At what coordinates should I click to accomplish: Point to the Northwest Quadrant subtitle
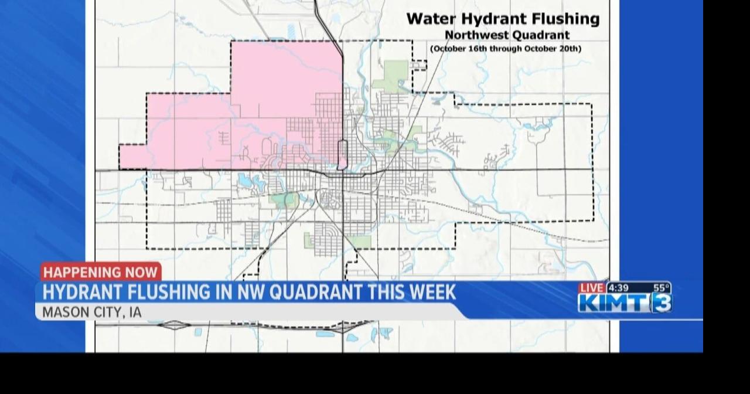click(x=507, y=35)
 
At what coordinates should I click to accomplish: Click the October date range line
click(x=506, y=49)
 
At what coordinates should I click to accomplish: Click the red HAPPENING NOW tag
click(x=101, y=272)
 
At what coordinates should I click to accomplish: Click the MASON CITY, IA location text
click(x=92, y=312)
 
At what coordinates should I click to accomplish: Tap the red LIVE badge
click(x=591, y=288)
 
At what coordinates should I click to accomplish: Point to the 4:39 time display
click(x=618, y=288)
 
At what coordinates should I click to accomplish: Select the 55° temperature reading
click(x=661, y=288)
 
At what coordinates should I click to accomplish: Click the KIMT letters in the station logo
click(x=613, y=303)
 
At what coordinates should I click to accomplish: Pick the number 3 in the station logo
click(x=662, y=303)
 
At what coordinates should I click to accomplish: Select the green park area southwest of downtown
click(x=285, y=200)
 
